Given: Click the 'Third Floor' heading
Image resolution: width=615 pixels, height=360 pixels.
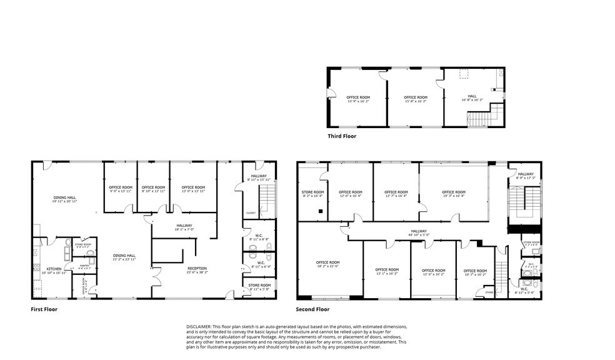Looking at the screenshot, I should tap(342, 136).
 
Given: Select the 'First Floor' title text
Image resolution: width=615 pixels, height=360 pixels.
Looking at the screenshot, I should tap(44, 309).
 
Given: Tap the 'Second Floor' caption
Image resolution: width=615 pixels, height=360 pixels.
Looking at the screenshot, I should tap(312, 309).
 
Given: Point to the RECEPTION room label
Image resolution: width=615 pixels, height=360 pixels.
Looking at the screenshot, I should tap(196, 268).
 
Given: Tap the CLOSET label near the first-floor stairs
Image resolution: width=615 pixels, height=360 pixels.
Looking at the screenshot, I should tap(250, 212).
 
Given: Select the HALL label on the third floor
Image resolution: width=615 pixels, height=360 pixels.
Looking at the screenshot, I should tap(472, 96).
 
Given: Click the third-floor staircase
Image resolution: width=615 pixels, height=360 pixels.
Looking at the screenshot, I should tap(480, 118).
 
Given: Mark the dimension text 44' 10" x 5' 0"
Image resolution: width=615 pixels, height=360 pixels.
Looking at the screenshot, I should tap(419, 235).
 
